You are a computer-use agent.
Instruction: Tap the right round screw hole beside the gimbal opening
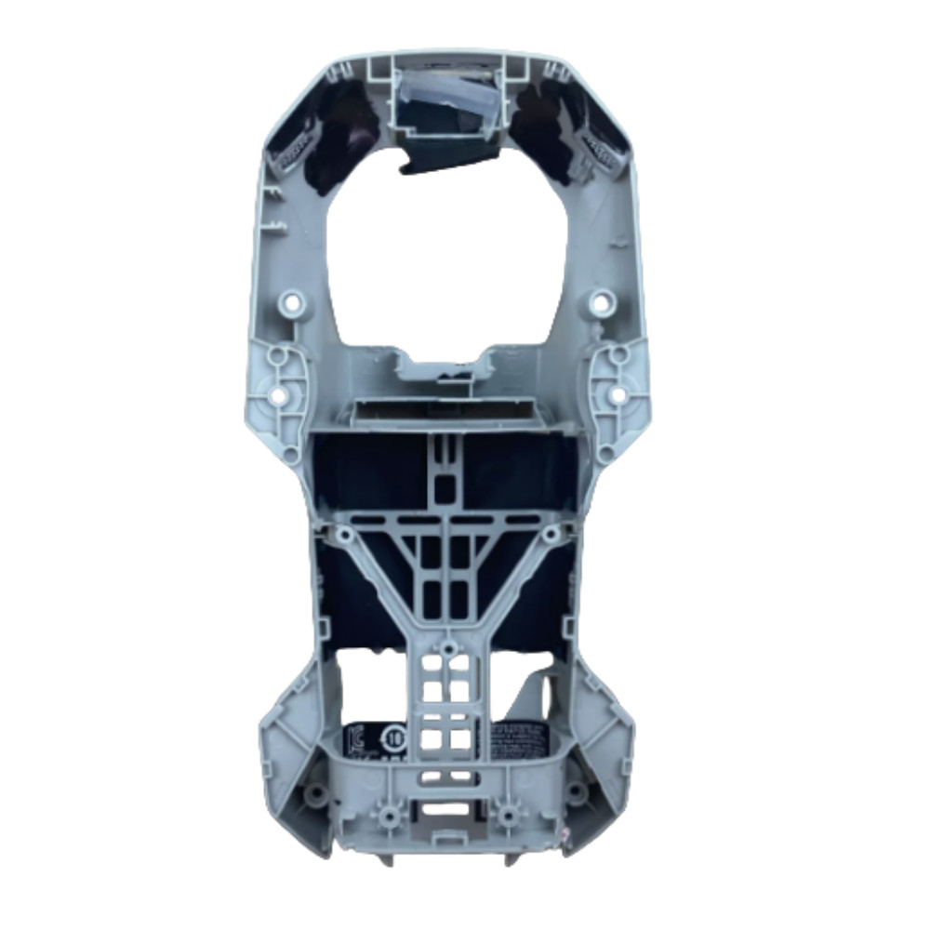[603, 301]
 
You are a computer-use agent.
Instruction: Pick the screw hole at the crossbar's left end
[345, 535]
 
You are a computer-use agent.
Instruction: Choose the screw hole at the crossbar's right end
[551, 534]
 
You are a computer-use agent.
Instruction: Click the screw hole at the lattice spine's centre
[448, 644]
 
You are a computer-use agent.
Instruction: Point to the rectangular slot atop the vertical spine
[447, 485]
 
